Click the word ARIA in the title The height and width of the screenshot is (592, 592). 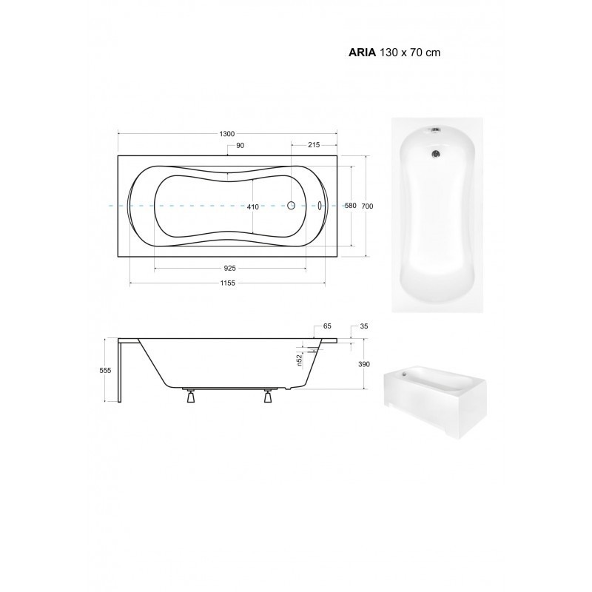[362, 53]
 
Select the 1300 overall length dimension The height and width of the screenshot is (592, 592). [227, 134]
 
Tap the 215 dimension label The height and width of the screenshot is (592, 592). [314, 144]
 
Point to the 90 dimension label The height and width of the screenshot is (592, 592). [240, 145]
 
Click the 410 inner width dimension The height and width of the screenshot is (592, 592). [252, 206]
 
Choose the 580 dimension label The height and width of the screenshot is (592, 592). [351, 206]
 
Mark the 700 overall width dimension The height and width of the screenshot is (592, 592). [367, 206]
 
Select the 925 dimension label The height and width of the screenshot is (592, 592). [229, 269]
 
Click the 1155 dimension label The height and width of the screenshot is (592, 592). [227, 283]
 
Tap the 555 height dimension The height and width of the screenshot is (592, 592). [105, 371]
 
